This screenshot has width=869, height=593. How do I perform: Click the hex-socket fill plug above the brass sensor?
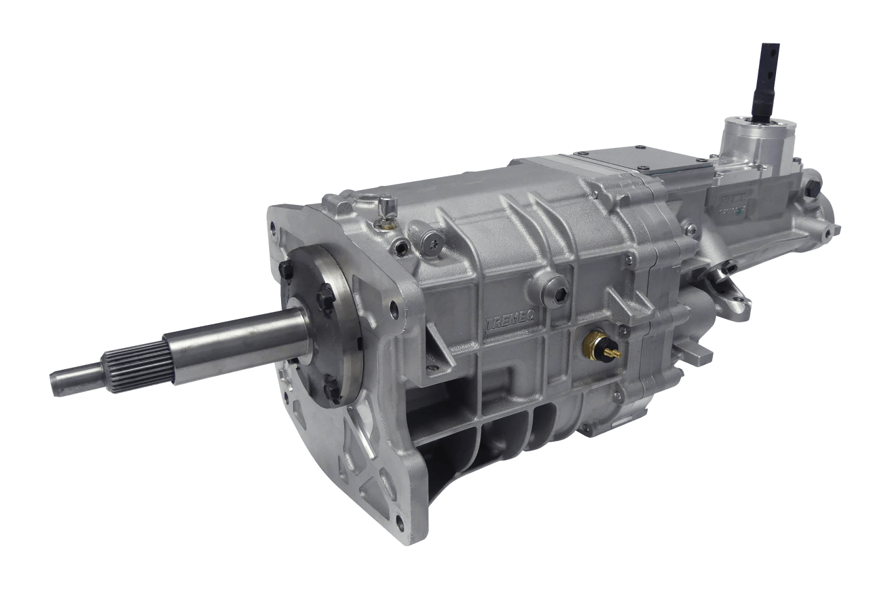(x=559, y=294)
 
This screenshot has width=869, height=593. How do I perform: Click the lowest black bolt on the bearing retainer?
(x=332, y=389)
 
